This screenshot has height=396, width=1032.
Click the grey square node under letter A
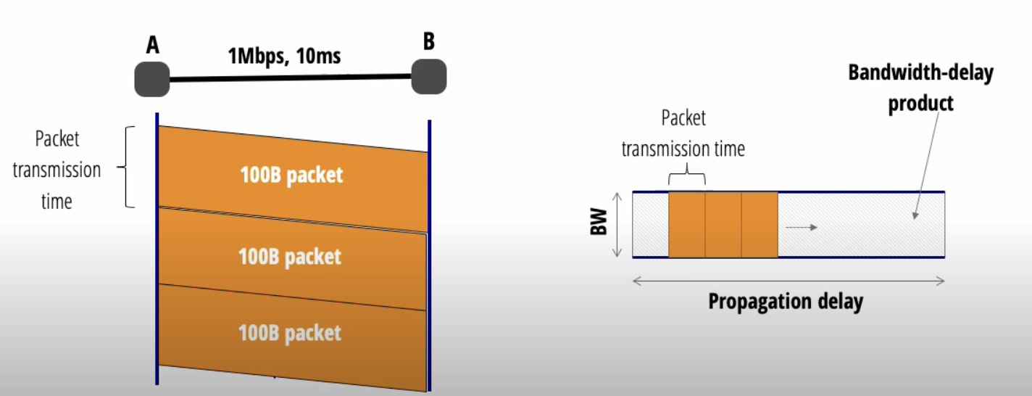[x=151, y=79]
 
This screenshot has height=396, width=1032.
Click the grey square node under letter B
[x=428, y=76]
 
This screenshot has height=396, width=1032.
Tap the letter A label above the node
[x=152, y=46]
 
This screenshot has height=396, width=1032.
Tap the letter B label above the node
[x=429, y=41]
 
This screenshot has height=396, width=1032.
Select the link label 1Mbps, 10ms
[x=284, y=55]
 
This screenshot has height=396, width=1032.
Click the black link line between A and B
[x=290, y=78]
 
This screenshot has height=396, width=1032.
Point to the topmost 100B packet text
[x=291, y=176]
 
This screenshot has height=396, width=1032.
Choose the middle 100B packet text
[x=290, y=257]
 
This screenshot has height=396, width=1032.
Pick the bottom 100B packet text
[x=290, y=333]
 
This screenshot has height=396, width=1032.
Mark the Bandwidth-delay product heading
[x=920, y=88]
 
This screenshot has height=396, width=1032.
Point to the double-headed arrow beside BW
[x=617, y=225]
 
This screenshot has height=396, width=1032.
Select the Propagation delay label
[x=786, y=301]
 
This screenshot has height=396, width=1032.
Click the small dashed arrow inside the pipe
[x=801, y=228]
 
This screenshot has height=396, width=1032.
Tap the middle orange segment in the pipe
[x=723, y=225]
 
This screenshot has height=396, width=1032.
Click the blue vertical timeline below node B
[x=429, y=254]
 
